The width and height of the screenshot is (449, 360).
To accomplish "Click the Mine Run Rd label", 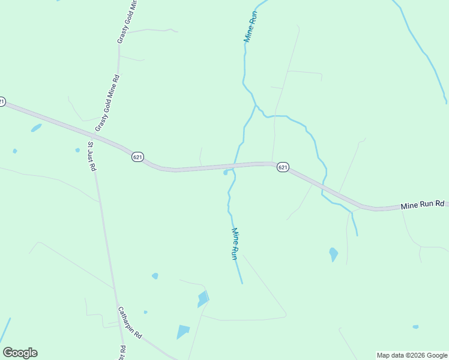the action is [423, 205].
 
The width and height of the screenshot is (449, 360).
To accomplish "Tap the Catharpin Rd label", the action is [129, 323].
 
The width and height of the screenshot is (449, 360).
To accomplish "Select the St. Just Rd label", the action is [92, 157].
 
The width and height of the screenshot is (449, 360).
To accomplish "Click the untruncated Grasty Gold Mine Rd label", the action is [108, 103].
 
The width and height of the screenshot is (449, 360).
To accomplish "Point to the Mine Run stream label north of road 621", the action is [250, 26].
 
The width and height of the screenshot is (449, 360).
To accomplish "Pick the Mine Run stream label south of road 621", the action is [235, 243].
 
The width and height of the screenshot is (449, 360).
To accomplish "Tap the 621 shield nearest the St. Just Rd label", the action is [137, 157].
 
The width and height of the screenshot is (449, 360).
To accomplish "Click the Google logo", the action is [20, 353].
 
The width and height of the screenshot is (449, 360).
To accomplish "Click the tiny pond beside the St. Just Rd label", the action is [77, 150].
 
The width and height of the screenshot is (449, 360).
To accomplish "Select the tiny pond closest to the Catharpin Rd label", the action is [145, 312].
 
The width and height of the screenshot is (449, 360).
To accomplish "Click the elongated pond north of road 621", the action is [36, 128].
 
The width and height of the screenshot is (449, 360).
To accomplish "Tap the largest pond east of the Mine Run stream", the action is [333, 254].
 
